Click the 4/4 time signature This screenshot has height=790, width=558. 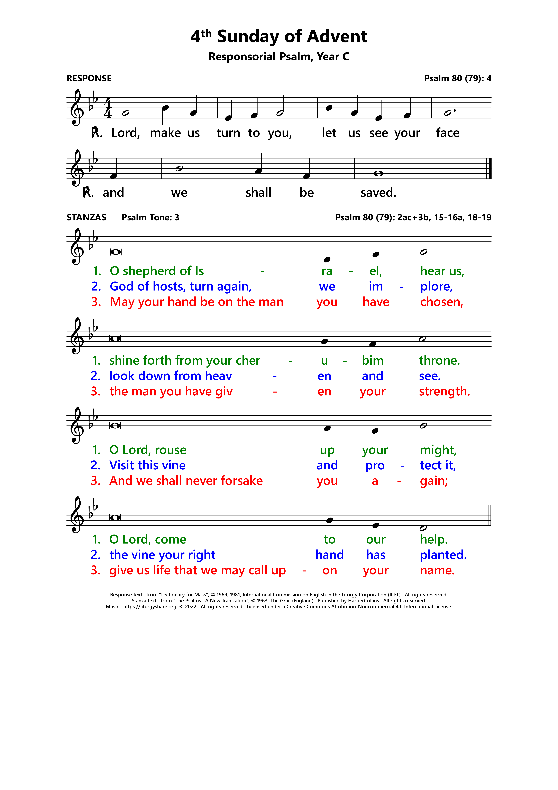pyautogui.click(x=108, y=108)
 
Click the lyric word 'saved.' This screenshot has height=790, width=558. pyautogui.click(x=378, y=193)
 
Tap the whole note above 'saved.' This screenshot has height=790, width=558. pyautogui.click(x=378, y=174)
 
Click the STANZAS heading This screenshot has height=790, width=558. pyautogui.click(x=86, y=217)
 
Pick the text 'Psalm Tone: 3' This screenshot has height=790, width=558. pyautogui.click(x=150, y=217)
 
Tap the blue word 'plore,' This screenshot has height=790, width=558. pyautogui.click(x=436, y=287)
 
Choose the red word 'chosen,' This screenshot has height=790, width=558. pyautogui.click(x=441, y=302)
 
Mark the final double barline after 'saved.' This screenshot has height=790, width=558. pyautogui.click(x=489, y=169)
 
